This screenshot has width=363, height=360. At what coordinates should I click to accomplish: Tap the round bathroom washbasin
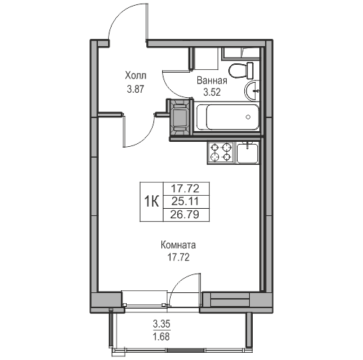click(x=252, y=91)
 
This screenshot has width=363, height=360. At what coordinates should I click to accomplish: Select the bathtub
click(x=228, y=117)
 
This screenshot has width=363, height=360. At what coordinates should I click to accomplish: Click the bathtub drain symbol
click(x=248, y=117)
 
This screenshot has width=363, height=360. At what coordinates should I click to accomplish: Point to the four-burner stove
click(x=221, y=152)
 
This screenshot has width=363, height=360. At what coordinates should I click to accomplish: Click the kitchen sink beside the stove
click(x=248, y=152)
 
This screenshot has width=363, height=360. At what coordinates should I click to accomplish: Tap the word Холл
click(x=135, y=76)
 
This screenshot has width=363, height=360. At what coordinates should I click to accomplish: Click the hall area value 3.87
click(x=135, y=89)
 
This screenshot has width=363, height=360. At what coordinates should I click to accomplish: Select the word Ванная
click(x=212, y=81)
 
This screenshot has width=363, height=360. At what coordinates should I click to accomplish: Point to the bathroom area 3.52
click(x=212, y=92)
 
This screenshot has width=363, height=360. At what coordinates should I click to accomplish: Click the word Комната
click(x=178, y=246)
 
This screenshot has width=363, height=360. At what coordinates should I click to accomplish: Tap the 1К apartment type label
click(x=151, y=202)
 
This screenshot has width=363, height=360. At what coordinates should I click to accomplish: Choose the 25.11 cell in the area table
click(x=185, y=202)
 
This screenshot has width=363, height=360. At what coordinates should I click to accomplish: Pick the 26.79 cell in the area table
click(x=185, y=215)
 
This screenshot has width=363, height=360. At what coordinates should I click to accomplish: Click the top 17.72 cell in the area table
click(x=185, y=189)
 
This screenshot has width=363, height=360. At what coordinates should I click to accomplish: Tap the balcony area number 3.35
click(x=161, y=324)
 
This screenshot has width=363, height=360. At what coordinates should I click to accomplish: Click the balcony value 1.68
click(x=161, y=337)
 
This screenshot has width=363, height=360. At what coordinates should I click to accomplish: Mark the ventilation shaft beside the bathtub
click(x=180, y=117)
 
